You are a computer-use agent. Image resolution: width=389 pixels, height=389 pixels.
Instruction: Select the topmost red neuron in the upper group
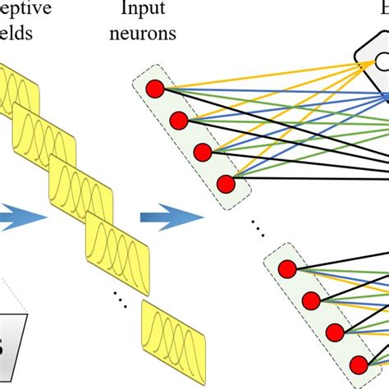pyautogui.click(x=153, y=89)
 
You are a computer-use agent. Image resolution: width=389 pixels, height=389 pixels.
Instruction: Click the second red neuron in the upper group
pyautogui.click(x=179, y=121)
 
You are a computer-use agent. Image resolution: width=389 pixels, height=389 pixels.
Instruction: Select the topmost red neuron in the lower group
pyautogui.click(x=287, y=268)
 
